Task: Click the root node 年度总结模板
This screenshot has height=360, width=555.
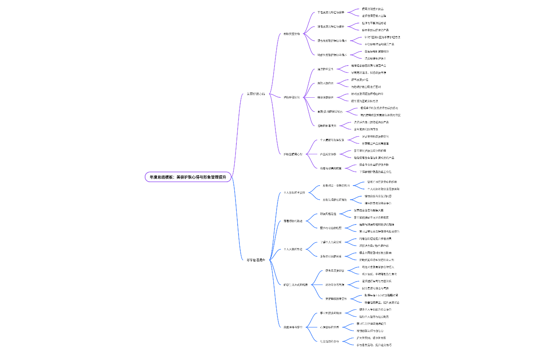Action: click(188, 177)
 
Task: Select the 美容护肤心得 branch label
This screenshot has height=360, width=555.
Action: click(256, 94)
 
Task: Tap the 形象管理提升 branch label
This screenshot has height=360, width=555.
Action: click(256, 260)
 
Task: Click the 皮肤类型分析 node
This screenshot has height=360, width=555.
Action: click(292, 33)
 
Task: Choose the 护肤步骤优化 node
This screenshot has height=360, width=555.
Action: click(292, 97)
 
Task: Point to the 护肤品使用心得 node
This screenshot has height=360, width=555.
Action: click(293, 154)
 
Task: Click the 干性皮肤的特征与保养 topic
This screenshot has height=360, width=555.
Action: click(331, 12)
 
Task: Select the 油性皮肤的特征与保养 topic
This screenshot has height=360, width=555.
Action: click(331, 27)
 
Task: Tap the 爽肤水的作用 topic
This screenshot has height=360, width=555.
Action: click(325, 83)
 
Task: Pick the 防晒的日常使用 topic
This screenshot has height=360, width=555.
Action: click(327, 126)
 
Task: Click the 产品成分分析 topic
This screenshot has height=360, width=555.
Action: click(328, 154)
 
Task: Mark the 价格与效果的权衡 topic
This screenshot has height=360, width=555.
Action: click(331, 168)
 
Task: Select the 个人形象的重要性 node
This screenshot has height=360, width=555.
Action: click(294, 193)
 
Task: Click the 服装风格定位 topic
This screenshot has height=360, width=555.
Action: click(328, 214)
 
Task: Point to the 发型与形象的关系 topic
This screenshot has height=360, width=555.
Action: click(331, 256)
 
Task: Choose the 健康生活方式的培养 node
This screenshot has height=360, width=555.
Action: click(295, 285)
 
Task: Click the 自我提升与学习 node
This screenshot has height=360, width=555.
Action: click(293, 327)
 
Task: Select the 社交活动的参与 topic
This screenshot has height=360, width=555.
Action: click(329, 342)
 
